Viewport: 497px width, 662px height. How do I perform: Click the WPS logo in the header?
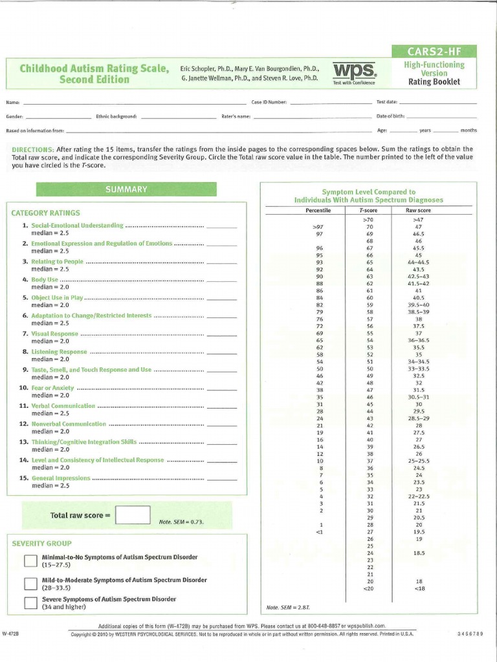point(353,71)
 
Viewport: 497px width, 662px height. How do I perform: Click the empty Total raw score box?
point(133,515)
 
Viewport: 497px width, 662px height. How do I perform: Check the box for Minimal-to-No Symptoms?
point(30,561)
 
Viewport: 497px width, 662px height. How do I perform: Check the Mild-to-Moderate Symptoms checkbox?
point(30,584)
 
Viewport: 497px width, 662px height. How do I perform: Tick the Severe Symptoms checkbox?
point(30,603)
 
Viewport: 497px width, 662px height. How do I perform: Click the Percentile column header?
point(318,211)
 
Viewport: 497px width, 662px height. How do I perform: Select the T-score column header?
point(370,211)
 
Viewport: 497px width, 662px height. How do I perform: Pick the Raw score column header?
point(418,211)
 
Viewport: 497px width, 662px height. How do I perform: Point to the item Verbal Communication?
point(63,405)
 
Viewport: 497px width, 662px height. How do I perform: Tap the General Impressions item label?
point(61,478)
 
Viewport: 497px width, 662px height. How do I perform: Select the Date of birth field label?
point(390,116)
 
